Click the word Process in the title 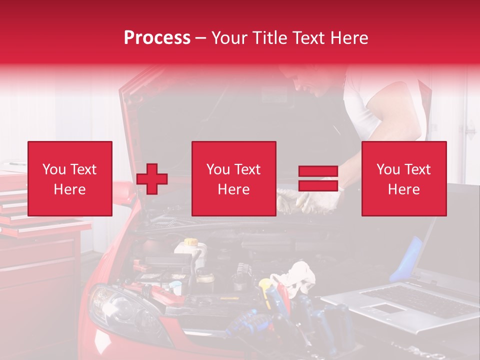157,38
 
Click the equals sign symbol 318,179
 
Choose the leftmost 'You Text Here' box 70,178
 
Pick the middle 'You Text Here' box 233,178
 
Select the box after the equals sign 403,178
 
